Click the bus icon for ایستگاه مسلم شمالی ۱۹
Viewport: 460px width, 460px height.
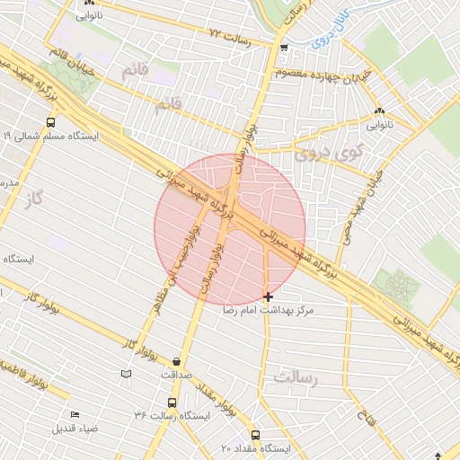pyautogui.click(x=50, y=122)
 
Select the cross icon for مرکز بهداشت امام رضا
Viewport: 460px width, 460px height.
pyautogui.click(x=268, y=296)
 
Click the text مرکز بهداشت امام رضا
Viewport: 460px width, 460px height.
pyautogui.click(x=270, y=310)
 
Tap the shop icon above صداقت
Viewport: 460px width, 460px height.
pyautogui.click(x=176, y=361)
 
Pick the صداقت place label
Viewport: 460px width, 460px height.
pyautogui.click(x=176, y=375)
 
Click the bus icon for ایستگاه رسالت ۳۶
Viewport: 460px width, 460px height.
pyautogui.click(x=172, y=402)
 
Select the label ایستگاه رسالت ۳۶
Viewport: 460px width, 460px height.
pyautogui.click(x=172, y=416)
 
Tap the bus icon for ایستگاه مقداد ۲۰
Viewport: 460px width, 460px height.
pyautogui.click(x=255, y=435)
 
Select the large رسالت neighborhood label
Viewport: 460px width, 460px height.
pyautogui.click(x=297, y=378)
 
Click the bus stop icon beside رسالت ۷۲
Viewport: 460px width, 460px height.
pyautogui.click(x=284, y=49)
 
